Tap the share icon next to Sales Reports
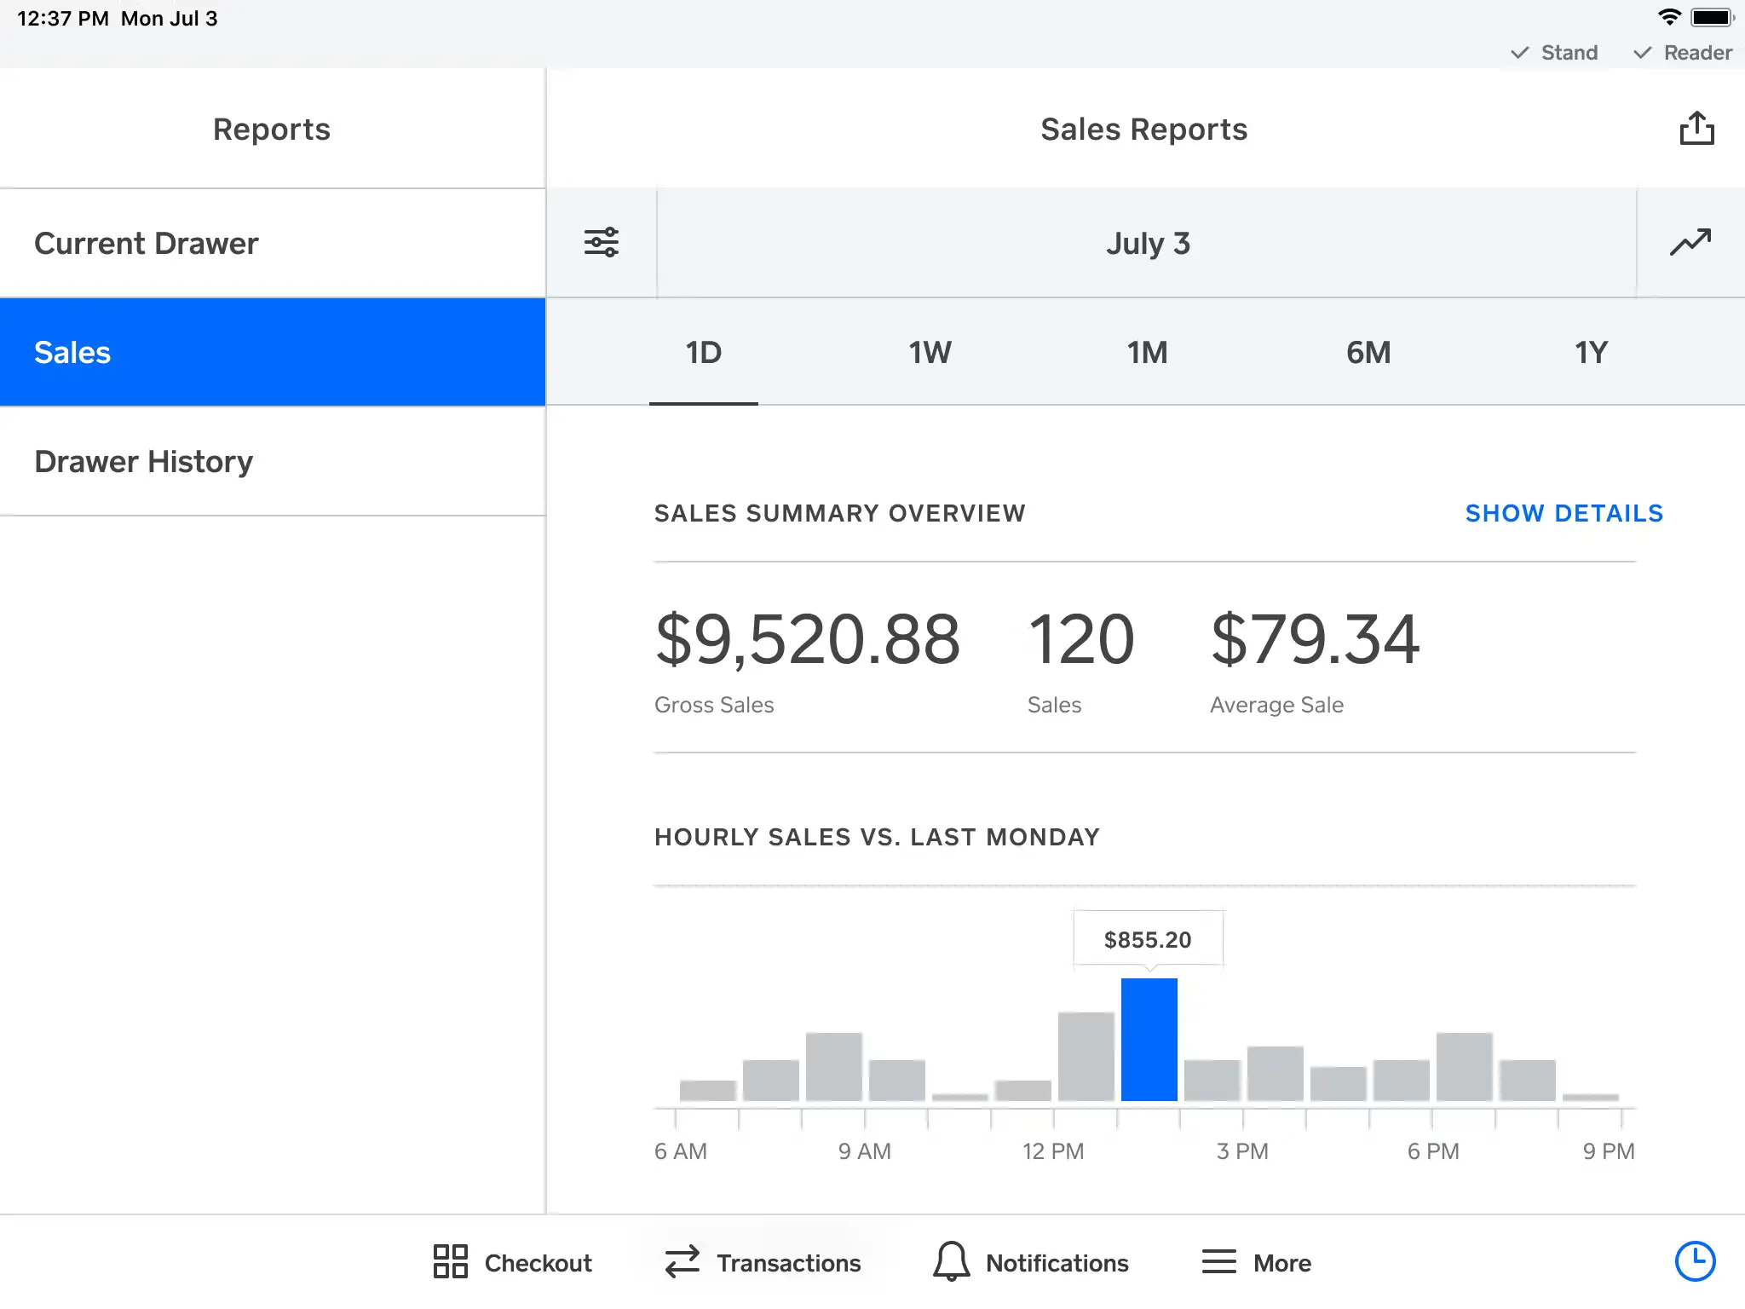click(1696, 129)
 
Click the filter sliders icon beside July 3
click(601, 243)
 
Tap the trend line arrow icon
click(1690, 243)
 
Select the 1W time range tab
click(930, 353)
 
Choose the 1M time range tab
click(1148, 353)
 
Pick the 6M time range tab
click(1368, 353)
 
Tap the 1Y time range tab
click(1591, 353)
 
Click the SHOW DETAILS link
click(1564, 513)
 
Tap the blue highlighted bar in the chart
click(1149, 1040)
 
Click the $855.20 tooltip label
click(1148, 939)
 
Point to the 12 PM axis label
click(1053, 1151)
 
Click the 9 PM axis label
click(1608, 1151)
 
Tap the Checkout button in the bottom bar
click(512, 1262)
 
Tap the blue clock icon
click(1695, 1261)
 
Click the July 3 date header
click(1147, 244)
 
